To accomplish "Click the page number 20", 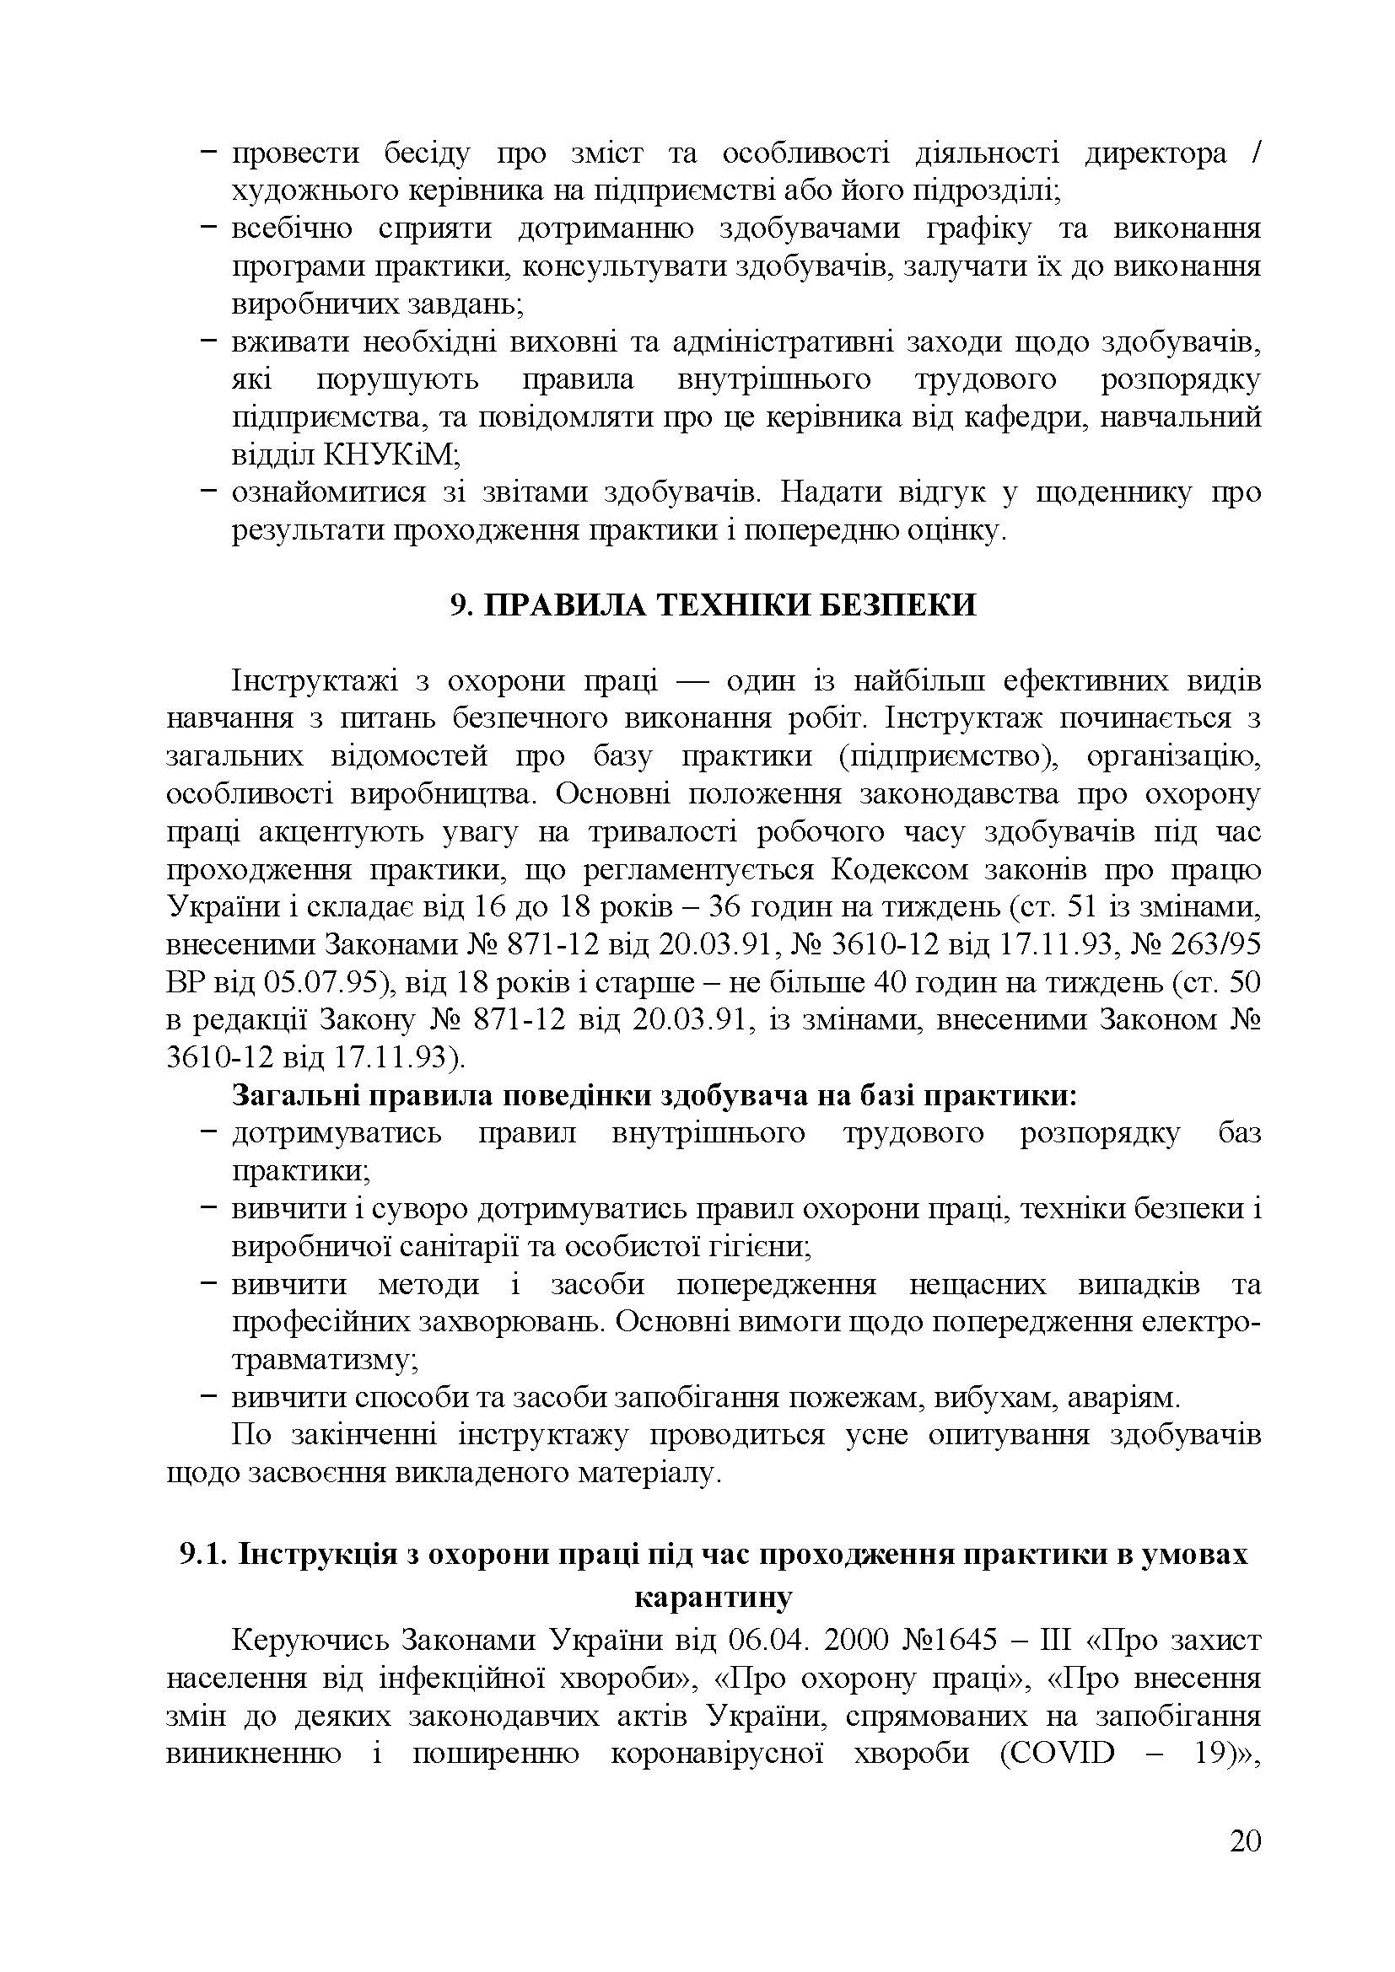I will (x=1245, y=1867).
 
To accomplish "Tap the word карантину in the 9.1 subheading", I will (x=713, y=1599).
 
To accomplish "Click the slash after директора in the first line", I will (x=1258, y=154).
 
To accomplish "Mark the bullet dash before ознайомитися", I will (x=207, y=493).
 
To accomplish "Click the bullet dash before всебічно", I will (x=207, y=228).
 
